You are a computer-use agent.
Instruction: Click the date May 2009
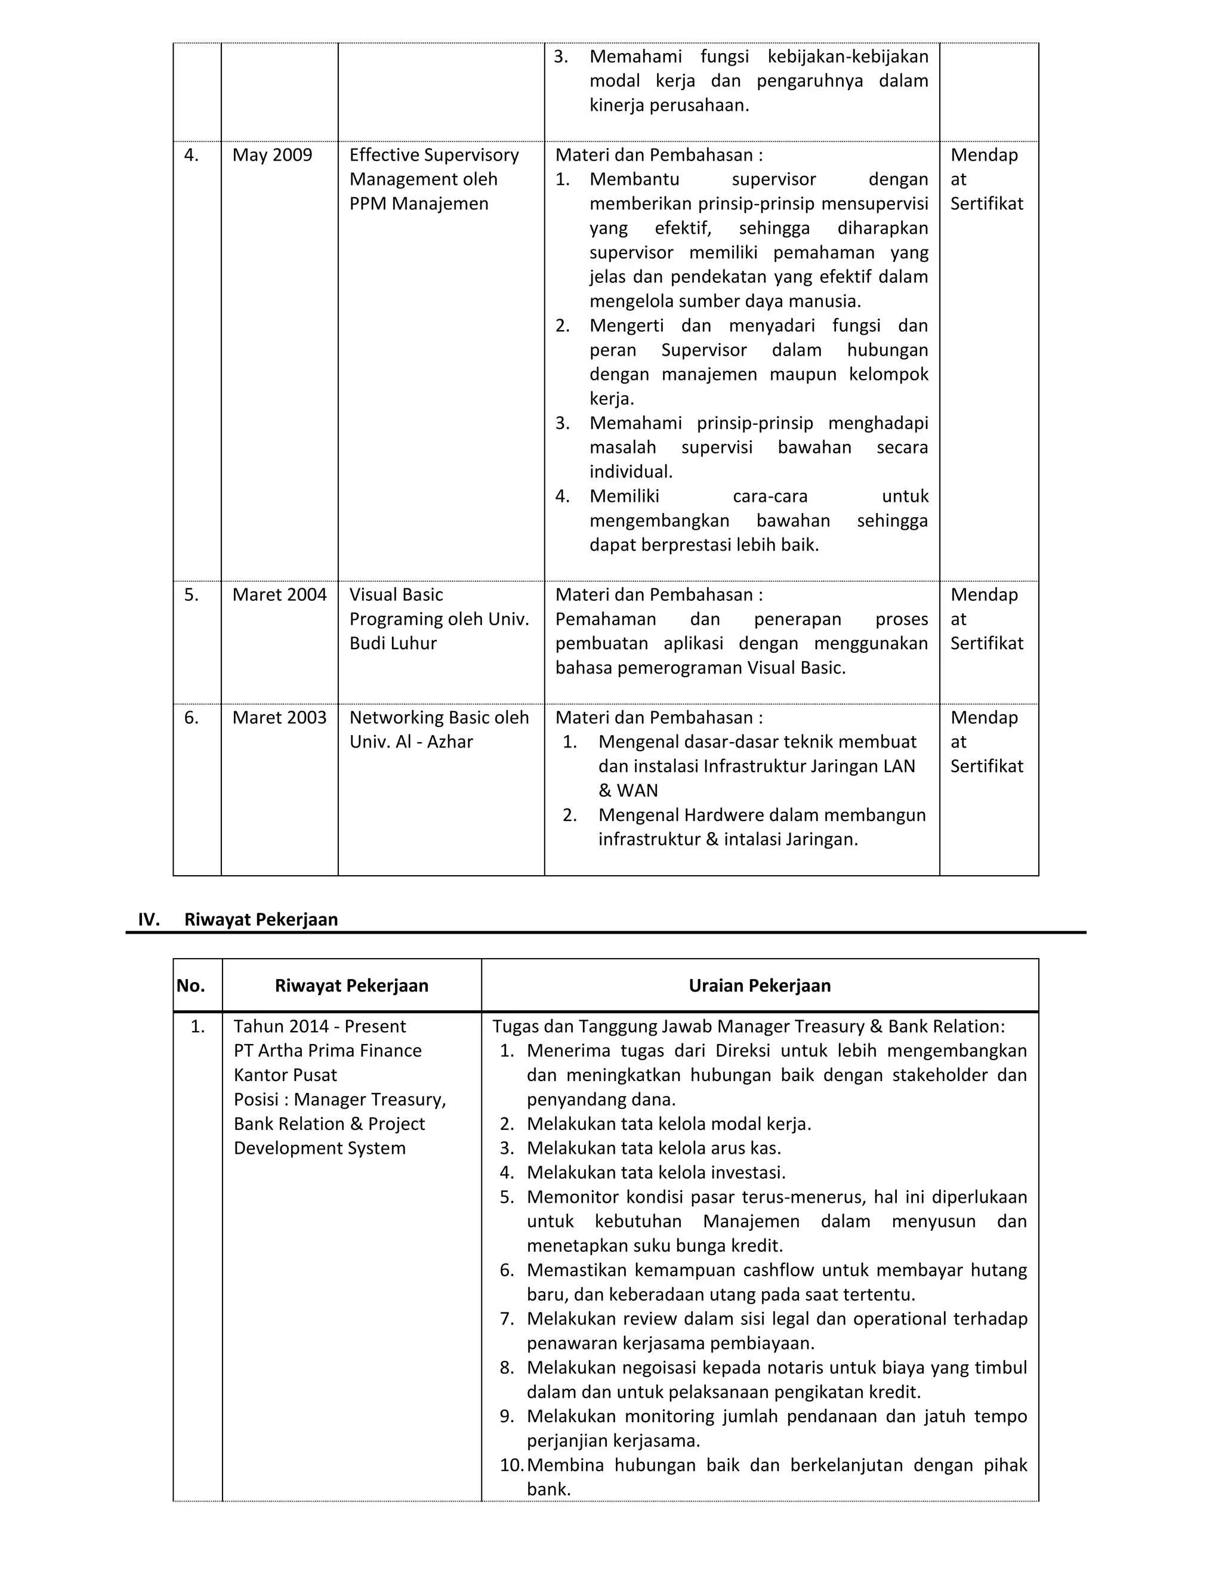point(271,155)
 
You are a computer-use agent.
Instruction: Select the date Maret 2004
point(279,594)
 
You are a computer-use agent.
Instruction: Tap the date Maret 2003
point(279,717)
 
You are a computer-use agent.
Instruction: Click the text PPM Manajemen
point(418,203)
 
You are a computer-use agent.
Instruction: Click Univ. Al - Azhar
point(411,742)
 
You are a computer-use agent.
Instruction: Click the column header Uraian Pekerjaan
point(760,985)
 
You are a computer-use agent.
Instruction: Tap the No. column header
point(191,985)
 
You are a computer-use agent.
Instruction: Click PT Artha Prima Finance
point(327,1051)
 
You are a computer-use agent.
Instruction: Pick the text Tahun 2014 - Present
point(319,1027)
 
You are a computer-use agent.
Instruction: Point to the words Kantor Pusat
point(285,1075)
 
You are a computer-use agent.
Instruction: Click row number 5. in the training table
point(191,594)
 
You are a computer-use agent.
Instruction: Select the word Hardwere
point(720,815)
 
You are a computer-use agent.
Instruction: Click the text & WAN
point(628,790)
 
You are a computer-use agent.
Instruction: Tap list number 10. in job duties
point(511,1465)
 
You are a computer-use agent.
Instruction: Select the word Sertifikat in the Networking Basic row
point(987,766)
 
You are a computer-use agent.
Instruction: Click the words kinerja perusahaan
point(669,105)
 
